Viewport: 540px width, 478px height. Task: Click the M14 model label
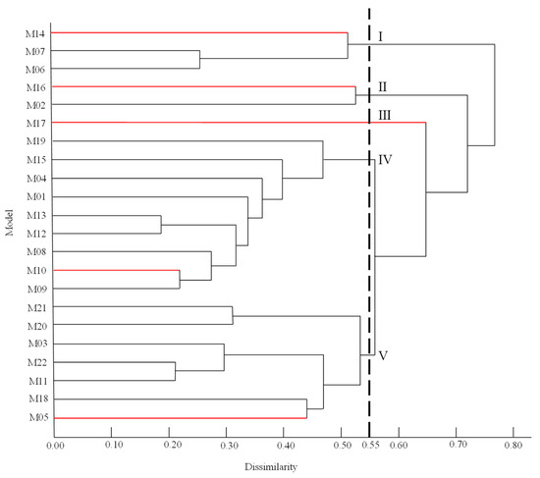click(x=34, y=33)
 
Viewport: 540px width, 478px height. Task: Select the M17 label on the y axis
click(x=34, y=124)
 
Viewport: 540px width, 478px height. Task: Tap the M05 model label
click(x=34, y=418)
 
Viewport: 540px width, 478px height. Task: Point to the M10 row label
click(x=34, y=271)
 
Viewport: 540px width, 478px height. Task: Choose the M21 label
click(x=34, y=308)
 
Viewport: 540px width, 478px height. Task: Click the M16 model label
click(x=34, y=87)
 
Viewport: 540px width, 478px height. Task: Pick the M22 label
click(x=34, y=363)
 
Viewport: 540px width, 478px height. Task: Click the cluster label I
click(x=380, y=37)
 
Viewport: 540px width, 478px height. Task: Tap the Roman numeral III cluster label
click(x=386, y=115)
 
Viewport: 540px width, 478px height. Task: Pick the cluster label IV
click(x=386, y=159)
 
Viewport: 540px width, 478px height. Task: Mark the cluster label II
click(x=383, y=87)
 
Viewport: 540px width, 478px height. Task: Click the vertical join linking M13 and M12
click(x=160, y=225)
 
